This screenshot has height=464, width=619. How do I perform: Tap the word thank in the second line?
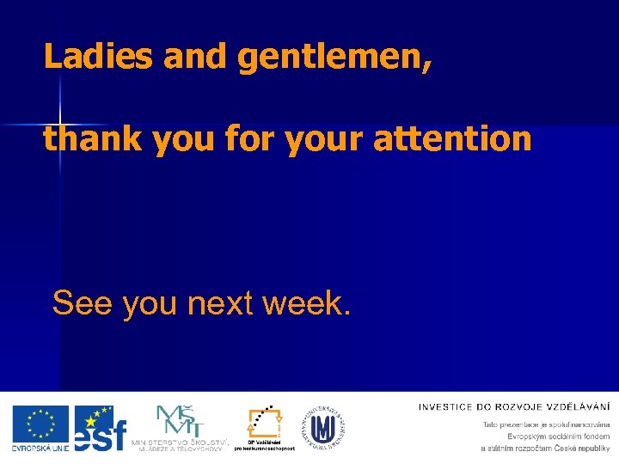point(92,138)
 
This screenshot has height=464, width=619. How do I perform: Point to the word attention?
point(453,138)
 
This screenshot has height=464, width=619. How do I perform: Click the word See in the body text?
point(82,302)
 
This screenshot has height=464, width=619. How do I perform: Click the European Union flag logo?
point(40,424)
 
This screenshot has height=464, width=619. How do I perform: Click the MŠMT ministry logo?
point(180,421)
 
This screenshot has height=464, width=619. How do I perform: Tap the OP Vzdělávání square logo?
point(264,423)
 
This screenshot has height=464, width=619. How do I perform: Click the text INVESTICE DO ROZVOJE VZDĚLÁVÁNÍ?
point(514,406)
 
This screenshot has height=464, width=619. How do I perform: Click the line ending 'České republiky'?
point(545,448)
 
